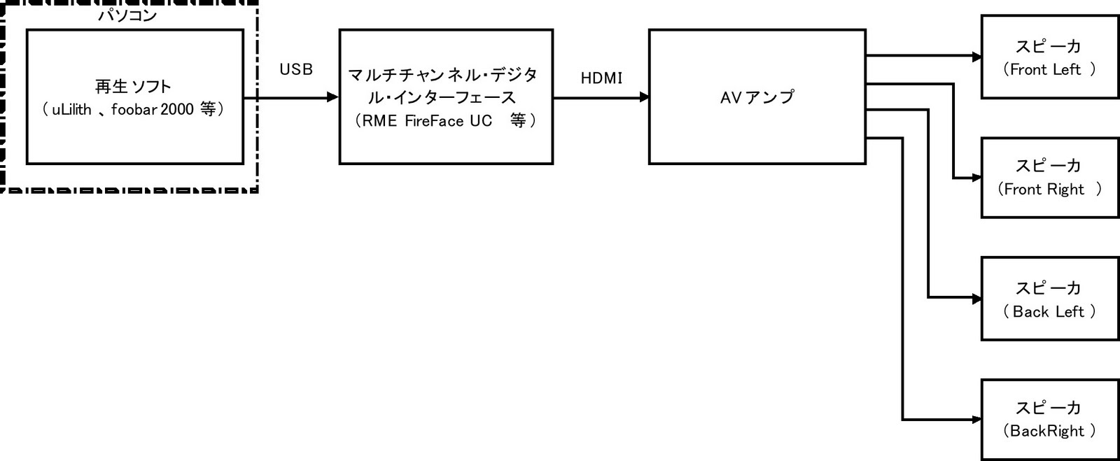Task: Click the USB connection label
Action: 296,70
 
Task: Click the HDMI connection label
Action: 601,78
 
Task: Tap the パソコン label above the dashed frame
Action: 127,15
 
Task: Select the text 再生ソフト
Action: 133,87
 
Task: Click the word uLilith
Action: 72,110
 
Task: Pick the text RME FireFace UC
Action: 427,121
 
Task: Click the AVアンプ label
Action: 757,97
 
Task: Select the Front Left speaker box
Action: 1049,57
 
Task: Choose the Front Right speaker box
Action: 1049,178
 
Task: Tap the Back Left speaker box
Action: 1049,299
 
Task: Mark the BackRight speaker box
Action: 1049,420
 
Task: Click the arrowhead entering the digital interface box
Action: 333,98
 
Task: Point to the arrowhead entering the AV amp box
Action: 643,98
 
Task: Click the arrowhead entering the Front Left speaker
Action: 976,57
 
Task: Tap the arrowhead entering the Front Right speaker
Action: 976,178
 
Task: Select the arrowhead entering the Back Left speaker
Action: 976,299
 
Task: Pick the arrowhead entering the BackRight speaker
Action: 976,420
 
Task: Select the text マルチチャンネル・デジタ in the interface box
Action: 442,75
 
